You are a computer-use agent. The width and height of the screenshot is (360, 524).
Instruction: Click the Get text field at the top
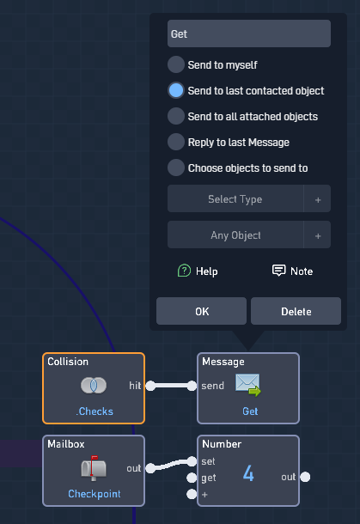(249, 34)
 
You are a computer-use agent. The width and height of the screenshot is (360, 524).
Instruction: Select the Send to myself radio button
(176, 64)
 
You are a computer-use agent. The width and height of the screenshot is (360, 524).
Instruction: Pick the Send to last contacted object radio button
(176, 90)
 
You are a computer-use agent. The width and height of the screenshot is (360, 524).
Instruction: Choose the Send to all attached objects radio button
(176, 116)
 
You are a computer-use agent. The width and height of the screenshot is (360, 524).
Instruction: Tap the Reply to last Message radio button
(176, 142)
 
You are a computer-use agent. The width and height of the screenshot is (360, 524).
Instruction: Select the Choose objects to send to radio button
(176, 168)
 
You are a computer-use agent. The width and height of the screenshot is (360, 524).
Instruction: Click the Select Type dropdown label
(235, 198)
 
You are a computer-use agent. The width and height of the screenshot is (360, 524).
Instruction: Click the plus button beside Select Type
(318, 199)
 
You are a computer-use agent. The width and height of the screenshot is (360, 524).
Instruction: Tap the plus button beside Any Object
(318, 235)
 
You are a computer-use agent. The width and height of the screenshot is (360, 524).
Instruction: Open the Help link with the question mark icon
(198, 271)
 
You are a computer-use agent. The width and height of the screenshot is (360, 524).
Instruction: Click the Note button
(292, 271)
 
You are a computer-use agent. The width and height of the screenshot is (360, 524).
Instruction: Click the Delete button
(296, 311)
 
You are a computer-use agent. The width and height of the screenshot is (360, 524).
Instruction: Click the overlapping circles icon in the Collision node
(94, 386)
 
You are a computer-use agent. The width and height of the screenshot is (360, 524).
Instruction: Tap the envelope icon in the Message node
(247, 385)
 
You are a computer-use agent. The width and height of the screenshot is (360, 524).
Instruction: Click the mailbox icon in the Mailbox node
(94, 468)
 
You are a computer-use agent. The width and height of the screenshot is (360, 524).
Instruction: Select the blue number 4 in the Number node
(248, 473)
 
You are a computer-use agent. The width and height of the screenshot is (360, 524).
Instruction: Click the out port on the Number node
(305, 477)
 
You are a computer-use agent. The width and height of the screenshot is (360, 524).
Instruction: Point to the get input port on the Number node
(192, 478)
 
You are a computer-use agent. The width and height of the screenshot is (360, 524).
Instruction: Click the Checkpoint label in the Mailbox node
(95, 494)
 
